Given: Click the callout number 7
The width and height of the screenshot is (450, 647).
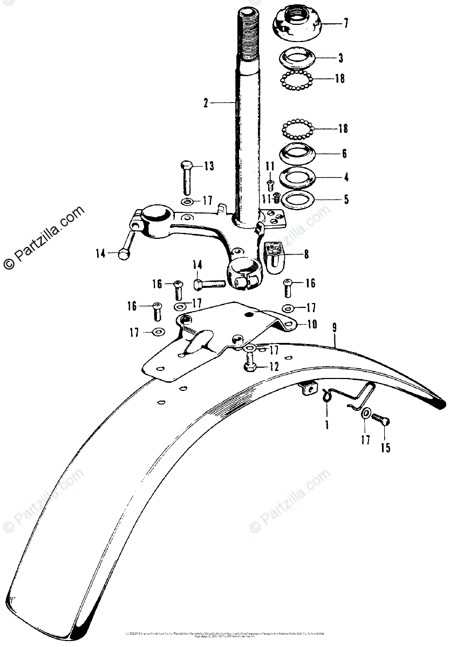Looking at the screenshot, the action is point(346,23).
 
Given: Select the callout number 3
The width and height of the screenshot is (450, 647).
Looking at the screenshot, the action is point(340,57).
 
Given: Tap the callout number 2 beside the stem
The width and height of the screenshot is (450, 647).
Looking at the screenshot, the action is point(206,102).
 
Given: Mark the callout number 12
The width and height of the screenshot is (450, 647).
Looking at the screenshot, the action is point(274,367).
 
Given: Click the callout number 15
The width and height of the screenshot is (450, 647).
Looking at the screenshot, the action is point(387,448).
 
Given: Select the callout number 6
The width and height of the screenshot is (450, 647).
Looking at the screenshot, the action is point(344,153).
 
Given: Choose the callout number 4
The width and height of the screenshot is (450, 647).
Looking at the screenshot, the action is point(346,177).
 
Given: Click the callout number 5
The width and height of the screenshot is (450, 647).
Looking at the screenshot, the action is point(346,199).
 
